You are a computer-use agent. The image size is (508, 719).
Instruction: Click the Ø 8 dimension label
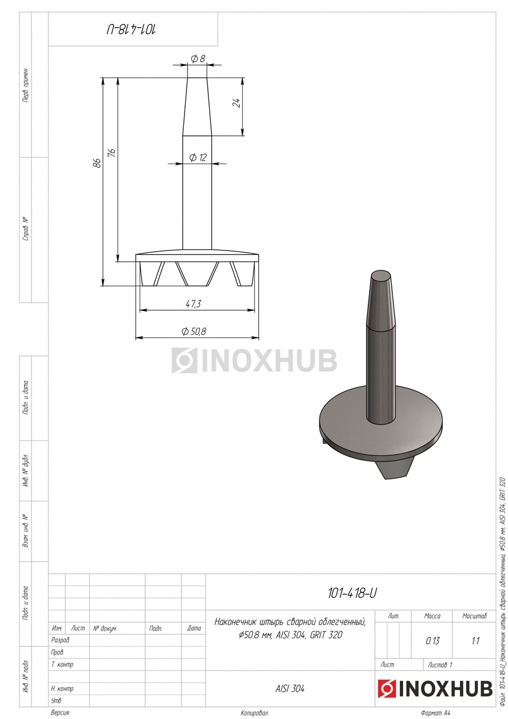[198, 59]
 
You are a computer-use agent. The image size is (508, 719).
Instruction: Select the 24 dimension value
[237, 102]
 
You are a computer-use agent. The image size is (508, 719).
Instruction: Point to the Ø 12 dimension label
[198, 158]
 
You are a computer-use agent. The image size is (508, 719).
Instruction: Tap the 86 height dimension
[97, 163]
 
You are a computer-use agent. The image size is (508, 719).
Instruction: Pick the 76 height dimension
[111, 153]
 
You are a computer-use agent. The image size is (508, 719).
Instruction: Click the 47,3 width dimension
[193, 304]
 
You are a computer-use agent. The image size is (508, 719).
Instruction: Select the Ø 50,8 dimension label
[193, 331]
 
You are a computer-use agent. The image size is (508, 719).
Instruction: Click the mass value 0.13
[433, 641]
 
